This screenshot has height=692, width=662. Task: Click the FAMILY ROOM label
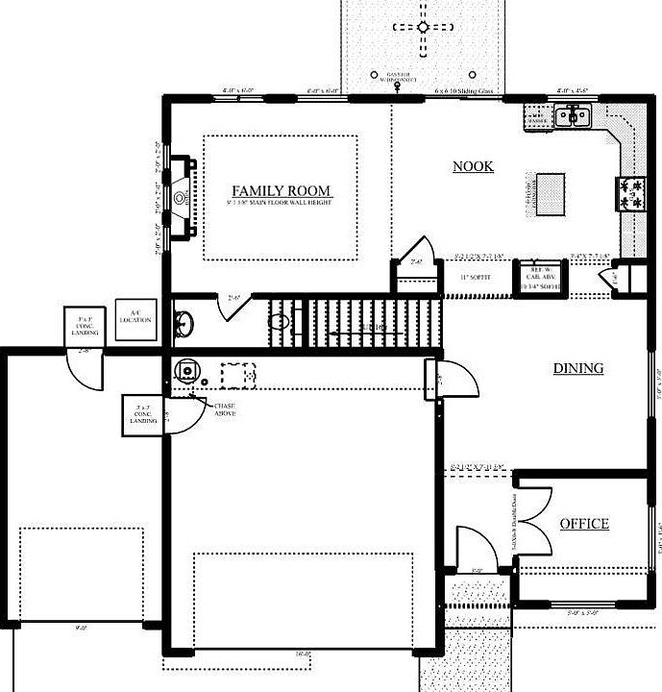click(x=281, y=190)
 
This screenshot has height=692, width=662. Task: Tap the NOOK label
click(x=473, y=166)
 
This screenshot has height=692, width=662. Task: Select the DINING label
click(x=577, y=368)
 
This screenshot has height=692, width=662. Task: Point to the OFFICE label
click(x=584, y=524)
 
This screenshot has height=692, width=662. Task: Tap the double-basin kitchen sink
click(x=576, y=115)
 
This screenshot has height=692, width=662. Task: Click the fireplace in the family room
click(x=182, y=198)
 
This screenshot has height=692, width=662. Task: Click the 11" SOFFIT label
click(x=476, y=277)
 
